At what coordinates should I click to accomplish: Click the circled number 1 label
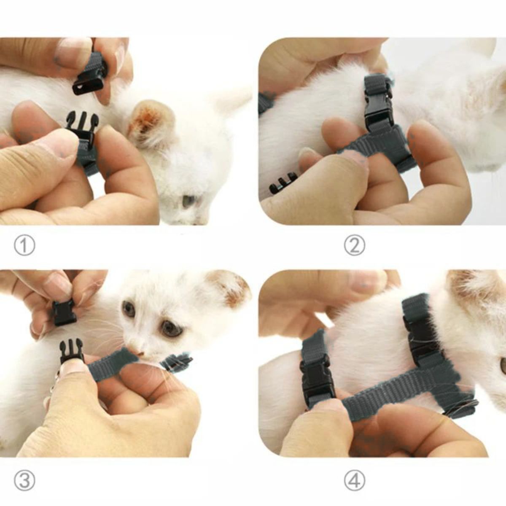point(24,246)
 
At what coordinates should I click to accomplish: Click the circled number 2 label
point(355,246)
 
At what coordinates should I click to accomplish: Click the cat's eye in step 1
point(188,201)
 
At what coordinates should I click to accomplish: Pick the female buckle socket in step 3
point(64,312)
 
